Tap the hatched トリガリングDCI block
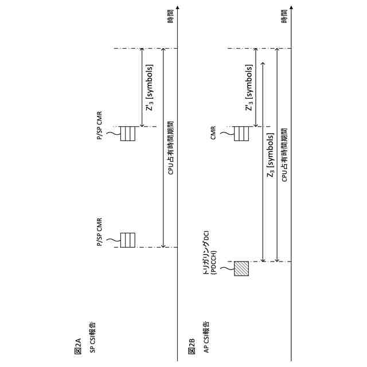tap(241, 268)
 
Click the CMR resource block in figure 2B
tap(242, 133)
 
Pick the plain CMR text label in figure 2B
tap(213, 133)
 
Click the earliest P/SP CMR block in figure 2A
tap(127, 239)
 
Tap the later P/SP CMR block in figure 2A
tap(127, 133)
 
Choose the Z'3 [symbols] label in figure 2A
tap(150, 87)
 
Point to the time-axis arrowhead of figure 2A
tap(178, 8)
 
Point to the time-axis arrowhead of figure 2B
tap(292, 8)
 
